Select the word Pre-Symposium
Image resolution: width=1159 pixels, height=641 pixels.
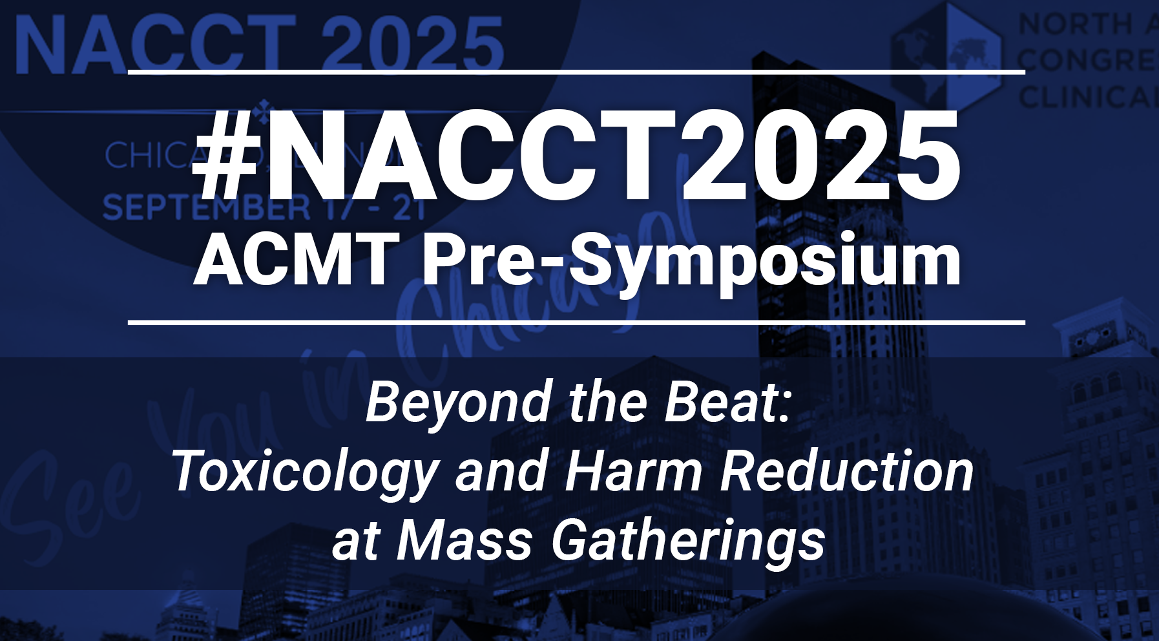(x=691, y=262)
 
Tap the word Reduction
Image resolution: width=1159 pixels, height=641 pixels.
(x=847, y=472)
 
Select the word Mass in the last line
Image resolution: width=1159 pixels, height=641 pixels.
(x=465, y=541)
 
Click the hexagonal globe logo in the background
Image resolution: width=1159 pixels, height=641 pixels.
(x=946, y=55)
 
